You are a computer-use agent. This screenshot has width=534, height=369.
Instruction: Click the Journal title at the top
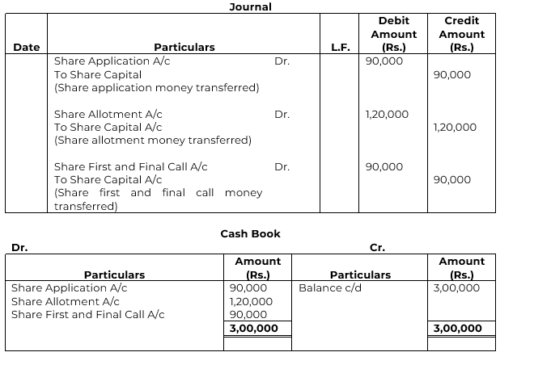coord(251,7)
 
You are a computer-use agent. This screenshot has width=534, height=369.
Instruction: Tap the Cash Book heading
coord(251,234)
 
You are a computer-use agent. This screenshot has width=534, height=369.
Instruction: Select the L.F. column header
coord(341,48)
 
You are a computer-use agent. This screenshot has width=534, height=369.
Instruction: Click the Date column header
coord(27,48)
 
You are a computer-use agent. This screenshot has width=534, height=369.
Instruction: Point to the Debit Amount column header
coord(393,34)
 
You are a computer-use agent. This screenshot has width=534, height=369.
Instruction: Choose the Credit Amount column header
coord(461,34)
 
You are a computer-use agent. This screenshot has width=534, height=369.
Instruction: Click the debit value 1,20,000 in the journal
coord(387,114)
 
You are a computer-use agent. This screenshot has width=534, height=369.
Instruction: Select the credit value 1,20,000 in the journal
coord(455,128)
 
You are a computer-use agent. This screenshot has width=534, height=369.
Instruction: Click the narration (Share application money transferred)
coord(157,87)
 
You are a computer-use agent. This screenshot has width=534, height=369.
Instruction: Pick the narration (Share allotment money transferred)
coord(153,140)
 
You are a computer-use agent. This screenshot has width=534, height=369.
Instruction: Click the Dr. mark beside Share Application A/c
coord(282,61)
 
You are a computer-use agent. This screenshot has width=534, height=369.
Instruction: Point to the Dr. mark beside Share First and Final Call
coord(282,167)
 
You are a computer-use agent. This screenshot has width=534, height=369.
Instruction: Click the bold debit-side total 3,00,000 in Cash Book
coord(254,329)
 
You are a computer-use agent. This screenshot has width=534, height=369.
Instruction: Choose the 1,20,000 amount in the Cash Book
coord(251,301)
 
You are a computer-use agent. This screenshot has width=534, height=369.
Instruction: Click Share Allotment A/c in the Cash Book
coord(66,301)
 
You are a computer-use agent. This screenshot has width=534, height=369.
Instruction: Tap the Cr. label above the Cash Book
coord(378,248)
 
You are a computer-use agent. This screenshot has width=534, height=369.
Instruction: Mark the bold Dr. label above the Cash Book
coord(19,248)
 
